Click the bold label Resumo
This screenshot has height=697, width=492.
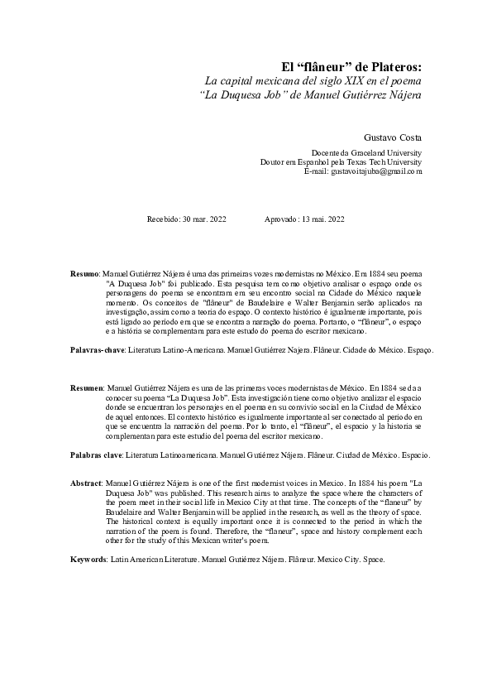(84, 272)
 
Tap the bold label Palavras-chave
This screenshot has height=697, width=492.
(97, 351)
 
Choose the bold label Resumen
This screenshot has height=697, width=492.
(87, 387)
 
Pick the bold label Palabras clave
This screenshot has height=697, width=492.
(96, 456)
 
